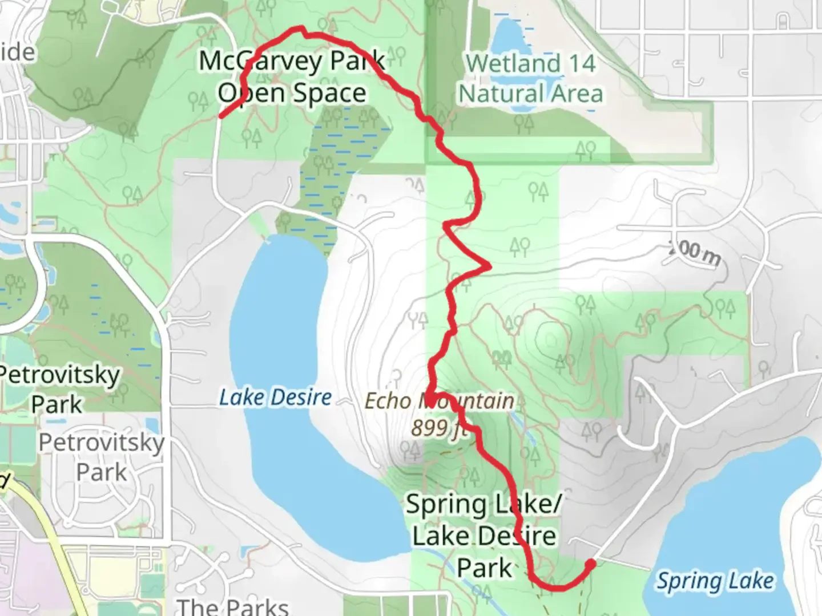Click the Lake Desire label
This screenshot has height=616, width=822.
pos(275,397)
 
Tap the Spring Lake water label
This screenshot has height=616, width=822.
pos(715,581)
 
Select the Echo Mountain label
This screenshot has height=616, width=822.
pos(439,401)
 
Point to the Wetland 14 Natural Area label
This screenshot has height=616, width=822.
pos(531,79)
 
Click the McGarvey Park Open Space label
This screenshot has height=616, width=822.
pos(292,76)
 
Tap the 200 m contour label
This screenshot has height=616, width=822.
pos(694,253)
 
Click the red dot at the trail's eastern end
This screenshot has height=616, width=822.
pos(591,564)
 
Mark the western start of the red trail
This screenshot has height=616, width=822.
pos(221,117)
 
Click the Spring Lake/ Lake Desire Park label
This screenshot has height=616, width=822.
pos(483,536)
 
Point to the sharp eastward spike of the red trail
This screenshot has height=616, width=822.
pos(488,265)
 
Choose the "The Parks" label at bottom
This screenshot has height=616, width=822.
pos(232,606)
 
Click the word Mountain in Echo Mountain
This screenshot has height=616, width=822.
pos(466,401)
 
